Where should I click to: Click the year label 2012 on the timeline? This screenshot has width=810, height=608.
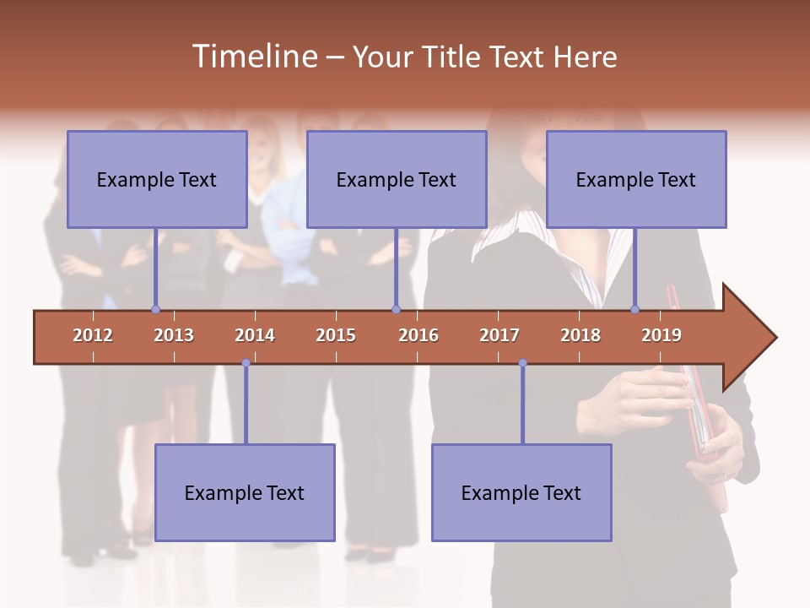coord(93,335)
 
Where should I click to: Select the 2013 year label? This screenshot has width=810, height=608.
coord(174,335)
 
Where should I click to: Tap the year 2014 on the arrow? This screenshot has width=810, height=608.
coord(255,335)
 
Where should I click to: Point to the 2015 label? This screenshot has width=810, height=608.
coord(336,335)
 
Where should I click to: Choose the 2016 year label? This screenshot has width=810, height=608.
coord(418,335)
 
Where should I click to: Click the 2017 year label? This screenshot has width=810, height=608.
coord(499,335)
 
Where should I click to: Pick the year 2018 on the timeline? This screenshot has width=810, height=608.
coord(580,335)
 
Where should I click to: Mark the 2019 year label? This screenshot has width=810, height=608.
coord(661,335)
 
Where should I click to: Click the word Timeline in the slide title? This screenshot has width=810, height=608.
coord(253,57)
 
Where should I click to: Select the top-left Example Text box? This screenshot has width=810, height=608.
coord(157,179)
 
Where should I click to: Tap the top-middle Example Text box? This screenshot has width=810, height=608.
coord(397,179)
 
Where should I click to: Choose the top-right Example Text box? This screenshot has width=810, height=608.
coord(636,179)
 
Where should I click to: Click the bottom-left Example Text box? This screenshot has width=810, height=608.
coord(245,492)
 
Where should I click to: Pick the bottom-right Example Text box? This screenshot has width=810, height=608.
coord(521,492)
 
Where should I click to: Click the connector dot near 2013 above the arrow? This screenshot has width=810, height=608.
coord(155,309)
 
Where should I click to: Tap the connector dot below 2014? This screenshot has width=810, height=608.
coord(246,363)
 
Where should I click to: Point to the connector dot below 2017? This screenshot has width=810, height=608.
coord(522,363)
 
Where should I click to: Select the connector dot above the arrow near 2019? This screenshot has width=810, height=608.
coord(635,309)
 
